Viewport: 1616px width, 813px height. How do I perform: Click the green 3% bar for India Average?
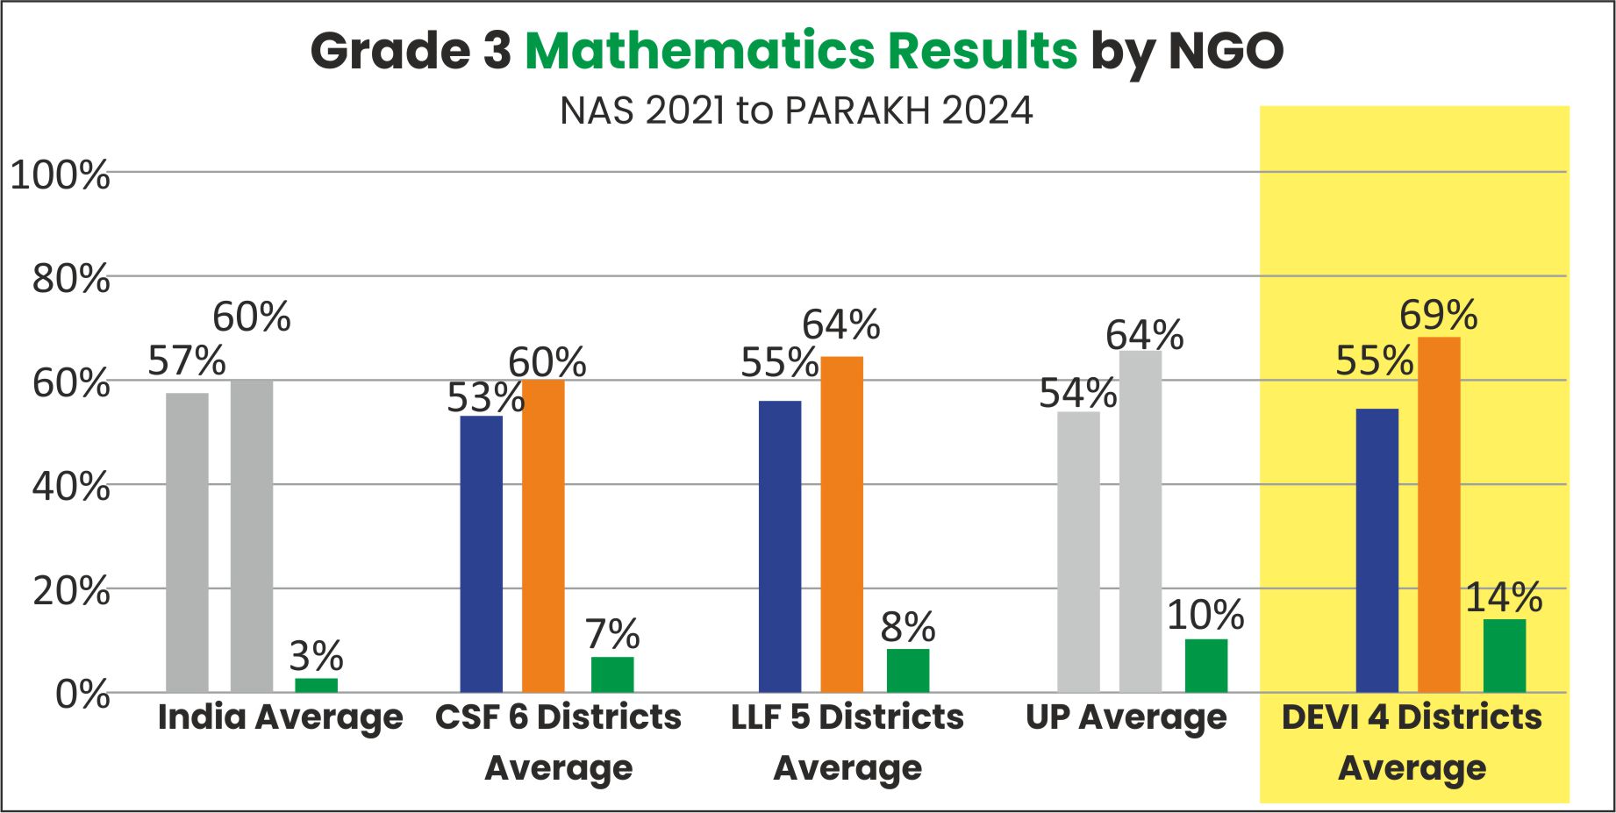[316, 685]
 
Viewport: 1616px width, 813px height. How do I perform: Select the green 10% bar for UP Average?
[1205, 666]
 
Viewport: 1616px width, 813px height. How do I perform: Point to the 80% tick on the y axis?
[71, 280]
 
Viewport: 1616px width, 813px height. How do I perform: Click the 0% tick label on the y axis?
[82, 695]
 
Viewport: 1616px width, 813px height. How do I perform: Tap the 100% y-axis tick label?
[60, 175]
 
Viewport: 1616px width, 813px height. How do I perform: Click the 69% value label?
[1438, 315]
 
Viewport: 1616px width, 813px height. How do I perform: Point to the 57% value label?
[186, 360]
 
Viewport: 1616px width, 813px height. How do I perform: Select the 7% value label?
[612, 634]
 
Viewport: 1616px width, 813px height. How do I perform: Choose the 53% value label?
[485, 398]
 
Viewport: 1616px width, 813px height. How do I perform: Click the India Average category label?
[280, 717]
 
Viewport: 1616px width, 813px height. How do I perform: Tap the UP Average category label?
[1126, 717]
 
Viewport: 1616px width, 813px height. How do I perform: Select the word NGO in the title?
[1226, 51]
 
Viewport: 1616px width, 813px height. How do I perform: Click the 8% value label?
[908, 627]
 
